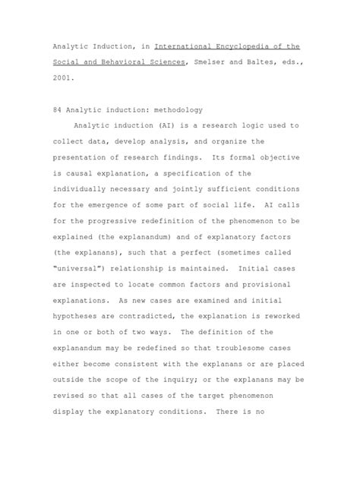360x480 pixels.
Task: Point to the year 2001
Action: (x=65, y=77)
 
